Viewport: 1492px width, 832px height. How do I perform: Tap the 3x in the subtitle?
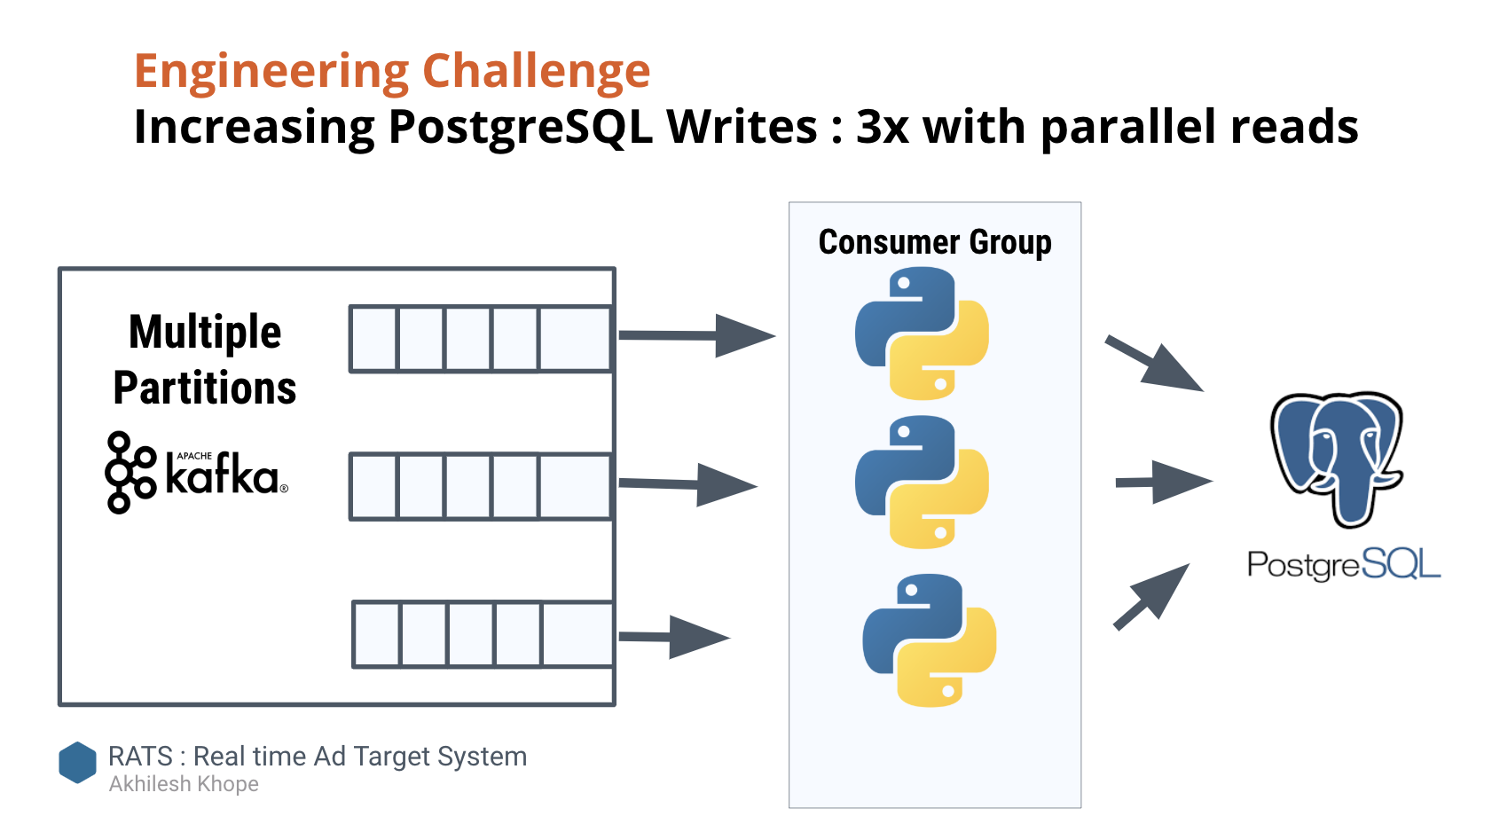(x=882, y=127)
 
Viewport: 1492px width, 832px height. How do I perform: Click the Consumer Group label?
(x=935, y=242)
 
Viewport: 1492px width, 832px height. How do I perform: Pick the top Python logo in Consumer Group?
(x=922, y=334)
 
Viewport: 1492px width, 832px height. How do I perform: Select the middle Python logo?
(x=922, y=482)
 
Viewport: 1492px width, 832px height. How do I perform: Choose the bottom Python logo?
(x=929, y=640)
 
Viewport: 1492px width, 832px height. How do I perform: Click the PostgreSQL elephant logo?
(x=1337, y=457)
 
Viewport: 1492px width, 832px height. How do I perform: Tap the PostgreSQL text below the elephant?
(x=1343, y=564)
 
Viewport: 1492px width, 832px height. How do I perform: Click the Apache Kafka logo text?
(x=223, y=475)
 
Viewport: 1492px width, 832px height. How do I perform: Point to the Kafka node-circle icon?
(x=130, y=473)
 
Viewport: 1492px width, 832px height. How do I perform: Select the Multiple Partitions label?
(x=205, y=359)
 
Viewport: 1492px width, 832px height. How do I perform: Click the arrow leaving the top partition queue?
(x=696, y=335)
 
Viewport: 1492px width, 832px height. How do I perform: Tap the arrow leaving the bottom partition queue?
(x=673, y=637)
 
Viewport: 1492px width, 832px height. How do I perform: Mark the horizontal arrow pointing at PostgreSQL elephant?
(x=1163, y=482)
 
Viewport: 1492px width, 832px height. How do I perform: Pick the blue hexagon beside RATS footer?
(x=77, y=763)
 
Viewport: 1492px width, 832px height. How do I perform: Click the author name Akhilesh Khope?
(x=184, y=784)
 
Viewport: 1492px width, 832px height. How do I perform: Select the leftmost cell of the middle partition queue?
(x=374, y=486)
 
